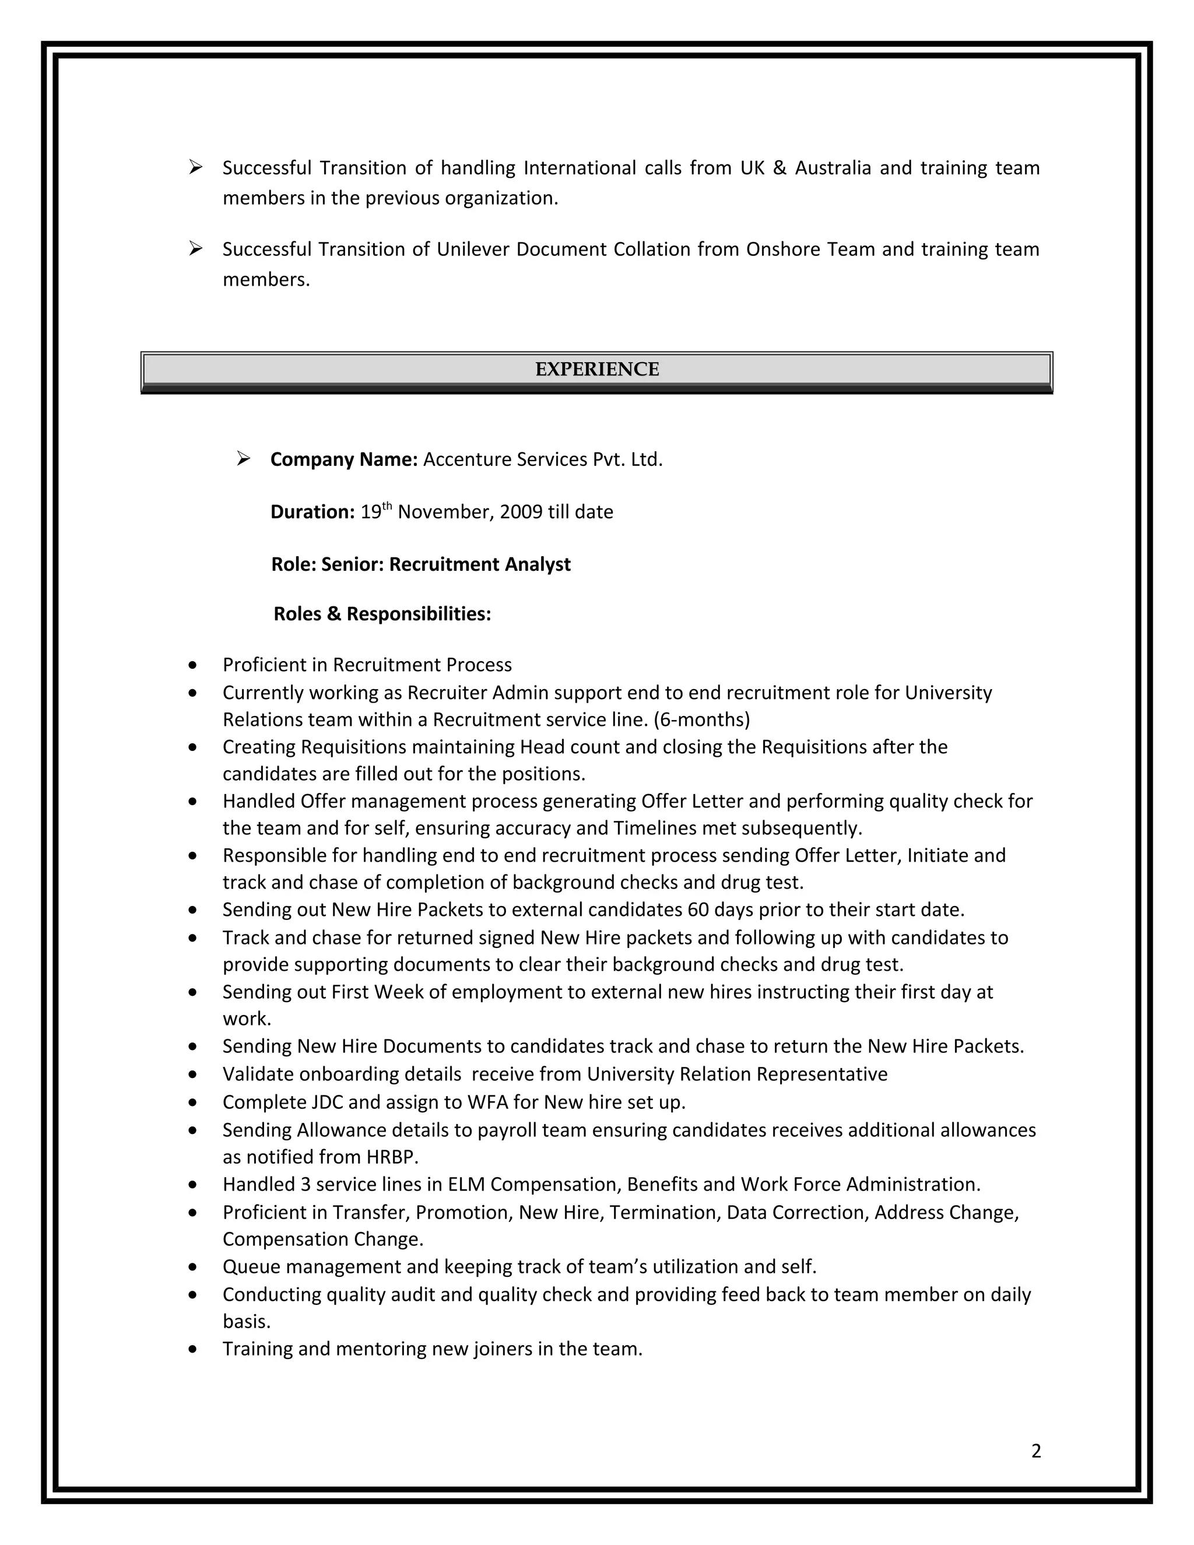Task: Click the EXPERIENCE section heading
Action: (596, 369)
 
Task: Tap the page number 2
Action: (1036, 1451)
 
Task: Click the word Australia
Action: (833, 168)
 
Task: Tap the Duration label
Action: (312, 511)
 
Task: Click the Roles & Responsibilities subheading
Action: (382, 613)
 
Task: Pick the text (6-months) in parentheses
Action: (702, 719)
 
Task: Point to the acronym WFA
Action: (487, 1102)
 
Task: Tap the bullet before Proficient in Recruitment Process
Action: (193, 666)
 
